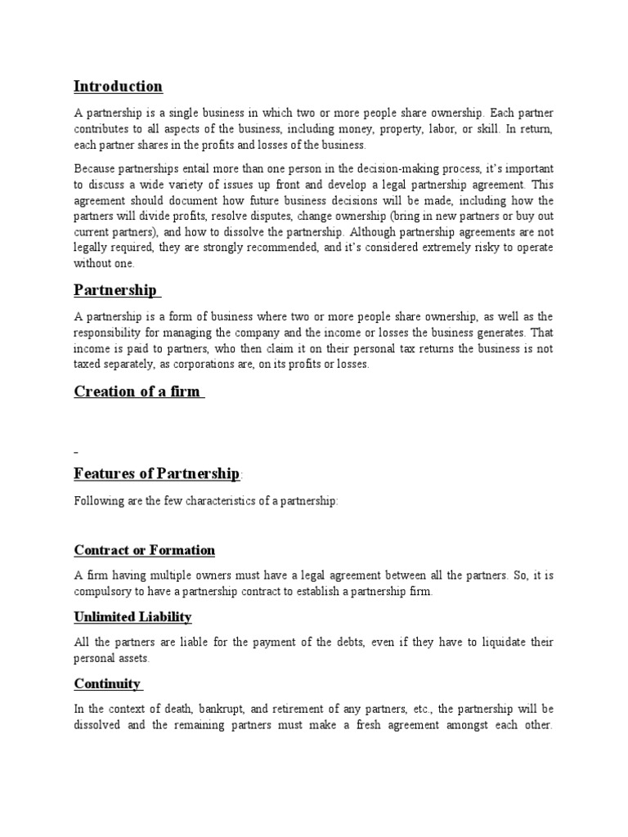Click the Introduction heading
click(x=118, y=86)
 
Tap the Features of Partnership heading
click(x=157, y=473)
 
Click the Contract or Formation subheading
click(x=144, y=550)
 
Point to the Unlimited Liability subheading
click(x=132, y=616)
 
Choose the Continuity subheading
click(x=107, y=683)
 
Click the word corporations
click(x=212, y=364)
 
